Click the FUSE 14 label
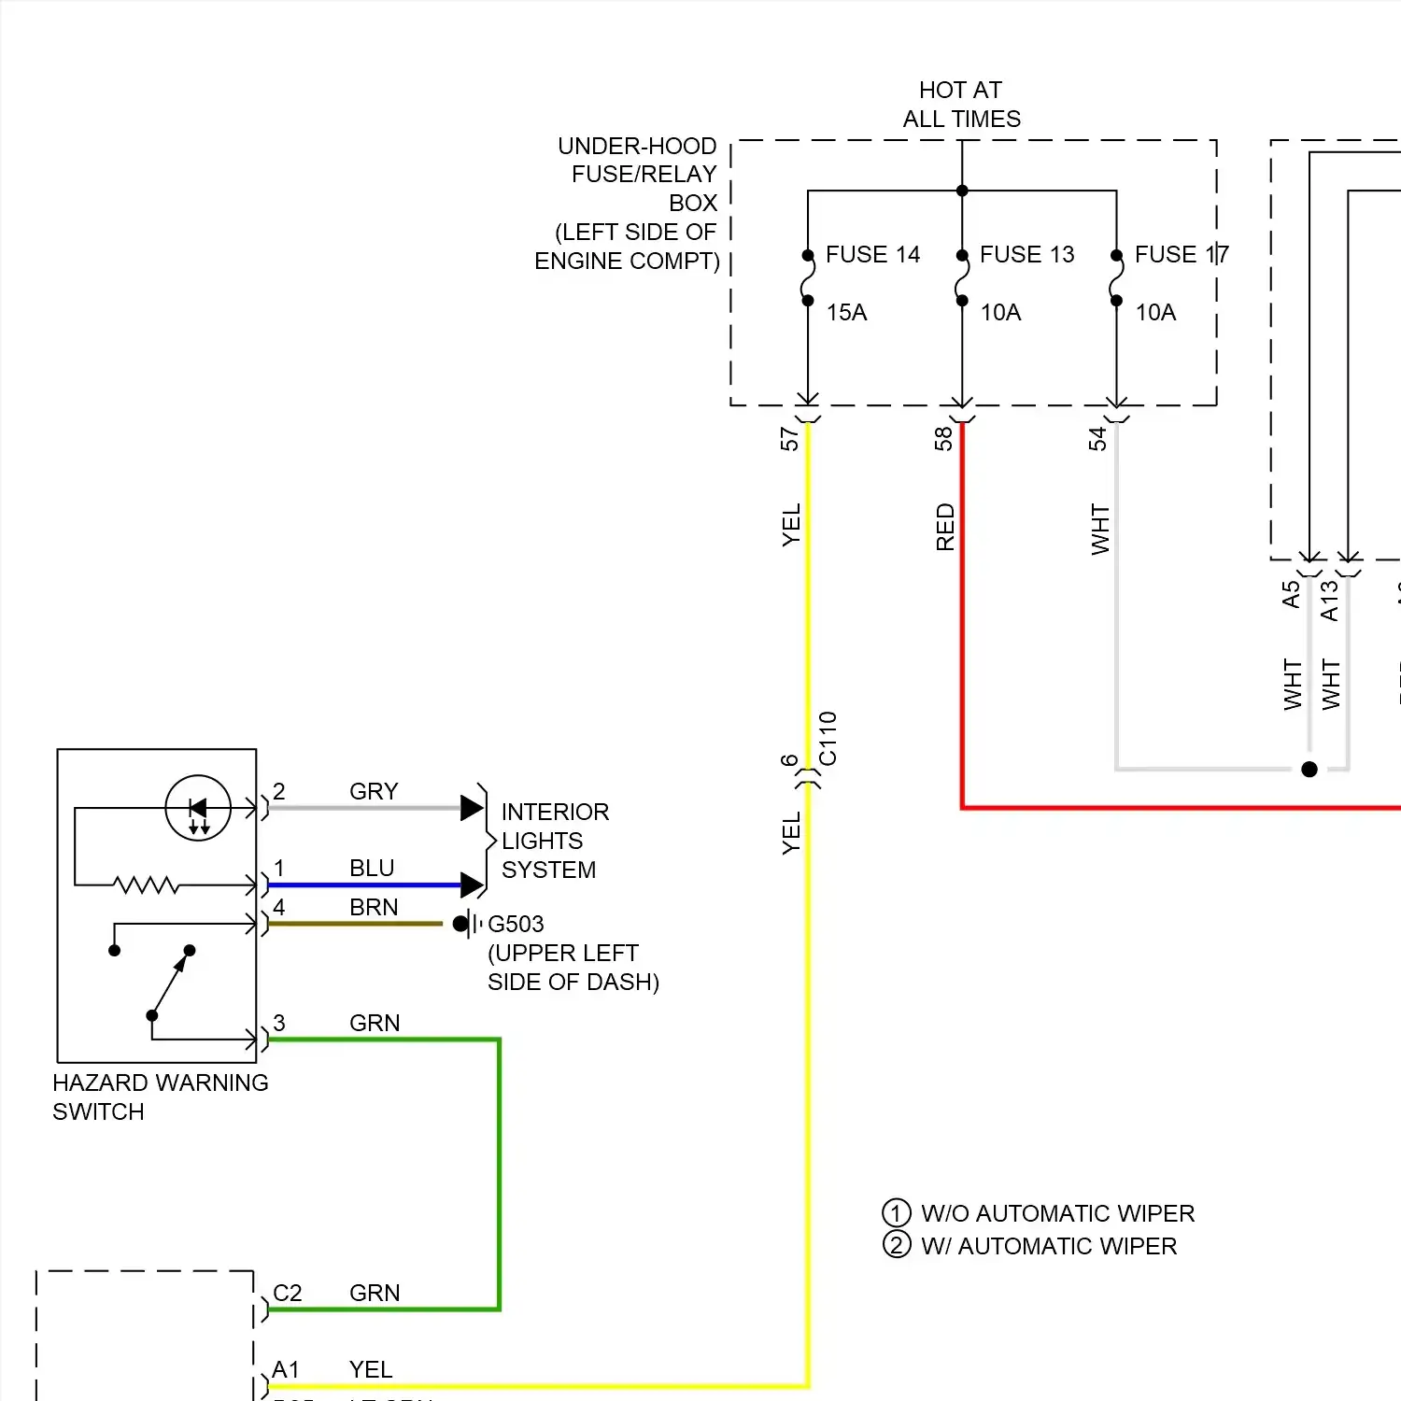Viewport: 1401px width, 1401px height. coord(872,254)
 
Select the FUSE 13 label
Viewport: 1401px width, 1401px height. coord(1026,254)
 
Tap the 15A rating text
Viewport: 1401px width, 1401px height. coord(846,312)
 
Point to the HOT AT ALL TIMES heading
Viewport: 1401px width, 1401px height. coord(961,105)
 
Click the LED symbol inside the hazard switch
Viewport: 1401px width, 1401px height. coord(198,808)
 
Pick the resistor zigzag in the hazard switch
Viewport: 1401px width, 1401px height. coord(146,884)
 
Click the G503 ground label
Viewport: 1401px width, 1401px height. coord(516,924)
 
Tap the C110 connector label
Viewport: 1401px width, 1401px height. coord(828,738)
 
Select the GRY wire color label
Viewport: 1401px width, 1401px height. coord(374,791)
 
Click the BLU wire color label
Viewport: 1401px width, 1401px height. coord(372,868)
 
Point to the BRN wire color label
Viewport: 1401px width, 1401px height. coord(374,907)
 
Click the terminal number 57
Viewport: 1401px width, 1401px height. coord(790,439)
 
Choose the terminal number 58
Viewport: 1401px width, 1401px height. coord(944,439)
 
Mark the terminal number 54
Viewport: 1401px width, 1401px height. coord(1098,439)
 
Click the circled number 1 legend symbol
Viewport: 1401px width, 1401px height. coord(897,1213)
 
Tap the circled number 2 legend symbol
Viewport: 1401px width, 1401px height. coord(897,1245)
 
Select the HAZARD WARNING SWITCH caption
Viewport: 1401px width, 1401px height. coord(160,1097)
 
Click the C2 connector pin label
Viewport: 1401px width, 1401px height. coord(287,1293)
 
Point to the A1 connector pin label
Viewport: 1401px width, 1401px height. coord(286,1369)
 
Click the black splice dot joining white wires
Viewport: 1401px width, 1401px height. coord(1309,769)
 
